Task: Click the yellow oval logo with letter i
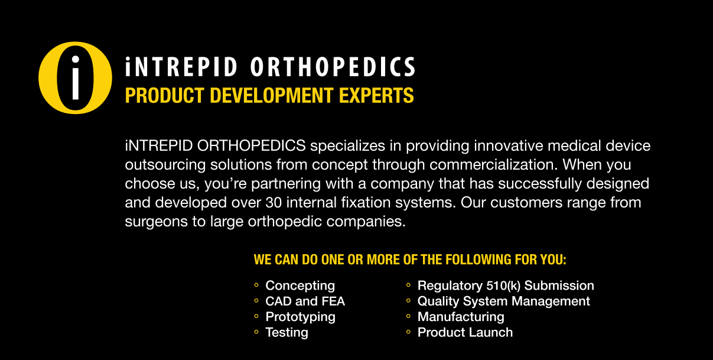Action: click(74, 77)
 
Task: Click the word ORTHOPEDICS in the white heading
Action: click(333, 67)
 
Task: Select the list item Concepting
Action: click(300, 286)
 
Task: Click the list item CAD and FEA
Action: click(305, 301)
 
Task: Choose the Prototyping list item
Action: click(300, 317)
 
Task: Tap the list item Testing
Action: click(286, 332)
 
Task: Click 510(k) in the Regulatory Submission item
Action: click(503, 286)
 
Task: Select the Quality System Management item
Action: click(503, 301)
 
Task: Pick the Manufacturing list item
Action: click(461, 317)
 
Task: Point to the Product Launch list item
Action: click(465, 332)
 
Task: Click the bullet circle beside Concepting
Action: click(256, 286)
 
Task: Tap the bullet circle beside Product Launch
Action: click(408, 332)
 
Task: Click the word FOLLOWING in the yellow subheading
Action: click(478, 260)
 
